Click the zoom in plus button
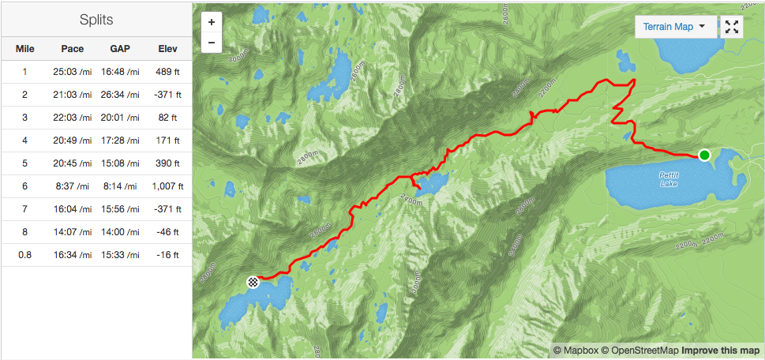click(x=212, y=23)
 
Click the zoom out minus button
click(x=212, y=43)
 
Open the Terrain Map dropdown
click(x=674, y=27)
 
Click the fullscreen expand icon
click(x=732, y=27)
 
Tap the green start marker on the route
click(x=704, y=155)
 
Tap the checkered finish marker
click(x=253, y=281)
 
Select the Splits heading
click(x=96, y=19)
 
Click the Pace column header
click(x=72, y=49)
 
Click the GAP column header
click(x=120, y=49)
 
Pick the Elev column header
click(x=167, y=49)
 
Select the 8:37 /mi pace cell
click(x=72, y=186)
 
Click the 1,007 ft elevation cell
click(x=167, y=186)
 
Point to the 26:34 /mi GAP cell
click(x=120, y=95)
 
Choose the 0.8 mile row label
click(x=25, y=255)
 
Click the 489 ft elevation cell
click(x=167, y=72)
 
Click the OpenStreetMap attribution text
click(x=639, y=350)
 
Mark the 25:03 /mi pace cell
click(x=72, y=72)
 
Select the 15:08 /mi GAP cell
click(x=120, y=163)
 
